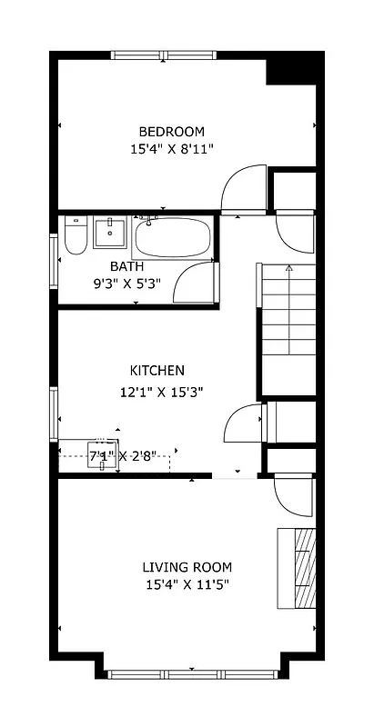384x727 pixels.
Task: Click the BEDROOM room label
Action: coord(171,131)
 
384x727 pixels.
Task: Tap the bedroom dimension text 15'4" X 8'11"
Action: coord(171,148)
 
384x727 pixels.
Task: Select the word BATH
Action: coord(126,266)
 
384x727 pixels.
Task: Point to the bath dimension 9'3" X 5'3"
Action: coord(126,283)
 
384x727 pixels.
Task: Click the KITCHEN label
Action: coord(157,371)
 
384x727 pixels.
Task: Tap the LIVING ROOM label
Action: coord(186,568)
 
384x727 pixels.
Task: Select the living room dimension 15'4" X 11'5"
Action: coord(186,585)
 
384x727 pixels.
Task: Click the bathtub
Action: coord(172,239)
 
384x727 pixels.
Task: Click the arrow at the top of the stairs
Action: coord(288,268)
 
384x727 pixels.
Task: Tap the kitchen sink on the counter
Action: coord(102,458)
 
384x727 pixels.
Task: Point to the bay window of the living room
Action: coord(191,674)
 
